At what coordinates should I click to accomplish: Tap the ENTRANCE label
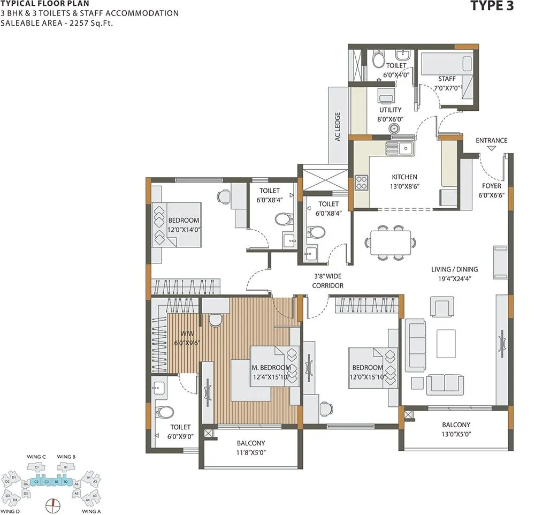point(491,141)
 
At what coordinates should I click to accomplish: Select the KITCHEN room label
point(404,177)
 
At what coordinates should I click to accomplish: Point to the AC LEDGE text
point(338,126)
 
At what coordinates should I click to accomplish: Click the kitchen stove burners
point(362,182)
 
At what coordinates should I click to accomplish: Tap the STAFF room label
point(447,79)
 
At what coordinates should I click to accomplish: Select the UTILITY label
point(390,110)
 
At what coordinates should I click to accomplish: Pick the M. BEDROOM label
point(271,368)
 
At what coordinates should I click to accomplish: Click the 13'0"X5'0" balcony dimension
point(456,434)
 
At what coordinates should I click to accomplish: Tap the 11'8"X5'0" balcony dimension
point(250,452)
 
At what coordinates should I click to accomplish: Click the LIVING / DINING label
point(455,269)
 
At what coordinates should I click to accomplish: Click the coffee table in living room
point(446,343)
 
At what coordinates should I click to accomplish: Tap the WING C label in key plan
point(36,457)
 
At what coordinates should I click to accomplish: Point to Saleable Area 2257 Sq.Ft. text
point(57,22)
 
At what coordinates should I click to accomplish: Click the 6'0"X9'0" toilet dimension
point(180,436)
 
